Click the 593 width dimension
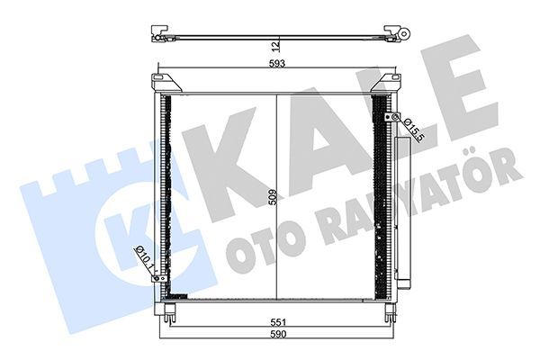tap(277, 64)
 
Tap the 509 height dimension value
tap(273, 197)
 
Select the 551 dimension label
tap(278, 322)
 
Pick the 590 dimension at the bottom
tap(278, 334)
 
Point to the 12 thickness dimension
tap(274, 46)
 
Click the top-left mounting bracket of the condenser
tap(166, 83)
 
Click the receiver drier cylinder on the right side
tap(403, 211)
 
